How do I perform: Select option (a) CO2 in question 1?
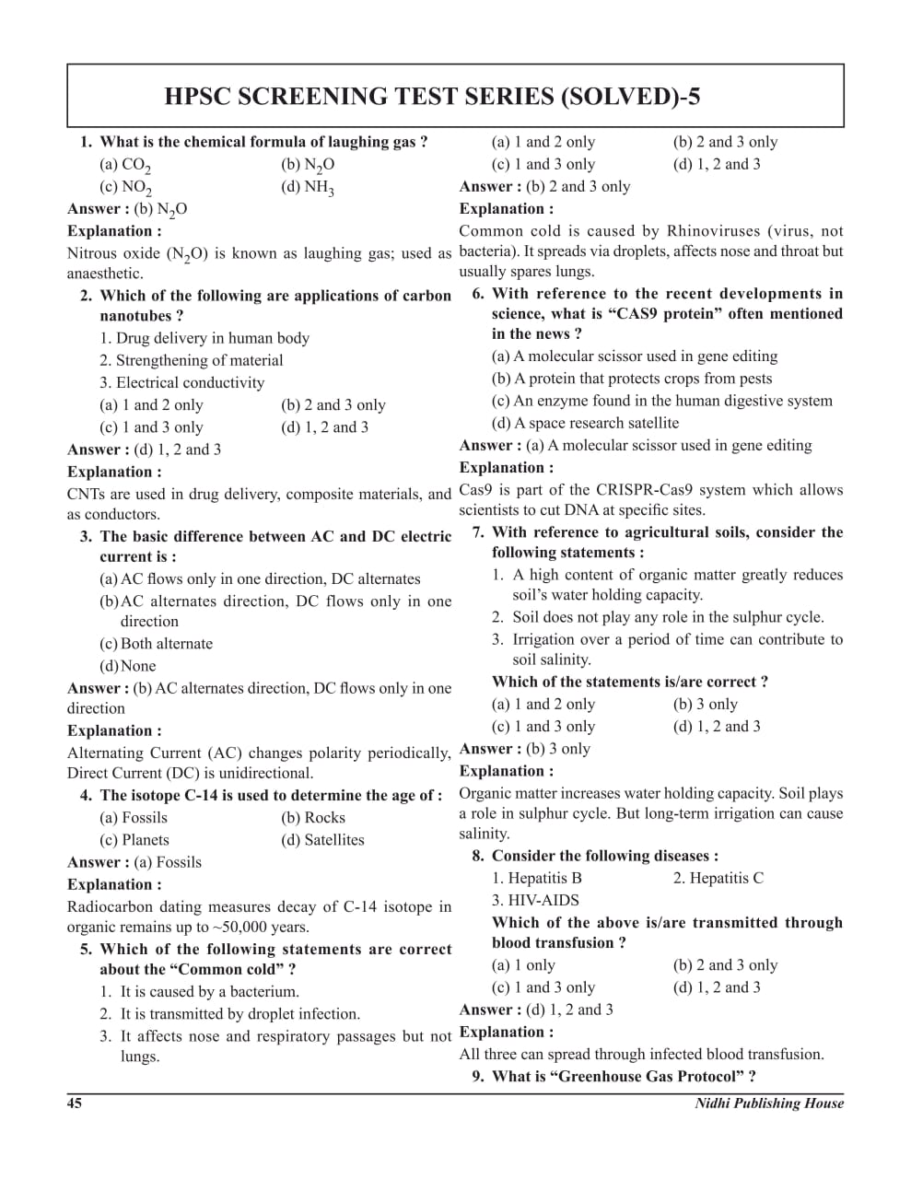[x=125, y=166]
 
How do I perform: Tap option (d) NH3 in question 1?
[x=308, y=188]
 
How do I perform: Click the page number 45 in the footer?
[x=75, y=1103]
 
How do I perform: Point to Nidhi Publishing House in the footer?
[x=769, y=1103]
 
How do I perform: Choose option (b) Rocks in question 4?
[x=312, y=818]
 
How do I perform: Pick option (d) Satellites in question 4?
[x=322, y=840]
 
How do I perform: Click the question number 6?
[x=478, y=294]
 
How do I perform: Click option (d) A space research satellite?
[x=585, y=423]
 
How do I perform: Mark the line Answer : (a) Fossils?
[x=134, y=862]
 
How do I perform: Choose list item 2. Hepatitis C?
[x=718, y=878]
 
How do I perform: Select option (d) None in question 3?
[x=128, y=666]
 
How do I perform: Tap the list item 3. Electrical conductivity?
[x=182, y=382]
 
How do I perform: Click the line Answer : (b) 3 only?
[x=525, y=749]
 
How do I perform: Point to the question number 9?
[x=478, y=1077]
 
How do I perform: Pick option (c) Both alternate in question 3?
[x=156, y=644]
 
